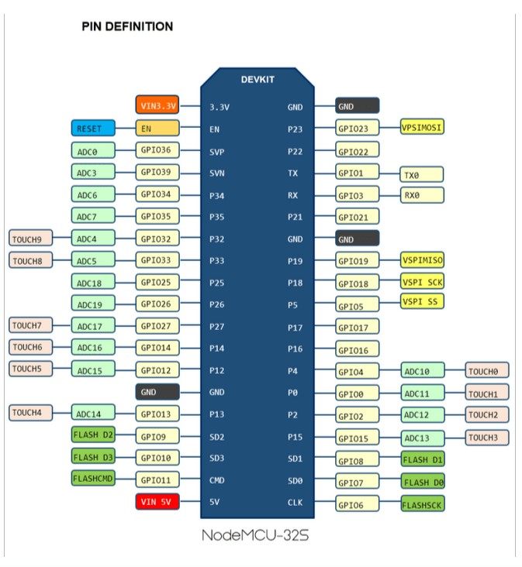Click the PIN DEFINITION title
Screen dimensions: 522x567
click(127, 26)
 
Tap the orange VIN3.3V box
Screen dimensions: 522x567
click(157, 105)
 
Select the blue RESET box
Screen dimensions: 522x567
click(93, 128)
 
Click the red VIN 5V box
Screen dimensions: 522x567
click(157, 502)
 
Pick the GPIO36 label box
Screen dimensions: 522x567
click(157, 150)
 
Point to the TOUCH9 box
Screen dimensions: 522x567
click(31, 239)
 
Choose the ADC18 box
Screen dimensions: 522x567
click(93, 282)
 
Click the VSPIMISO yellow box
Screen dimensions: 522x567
click(422, 260)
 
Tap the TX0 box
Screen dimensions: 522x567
click(422, 174)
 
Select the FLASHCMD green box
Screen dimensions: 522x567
click(93, 478)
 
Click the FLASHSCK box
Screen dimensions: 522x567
click(423, 503)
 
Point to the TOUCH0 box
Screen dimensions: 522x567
click(487, 370)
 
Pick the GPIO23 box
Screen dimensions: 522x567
click(358, 128)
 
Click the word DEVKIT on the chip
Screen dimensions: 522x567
click(258, 80)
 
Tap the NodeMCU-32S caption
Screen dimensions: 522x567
click(255, 535)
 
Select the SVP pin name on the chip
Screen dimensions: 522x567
click(217, 152)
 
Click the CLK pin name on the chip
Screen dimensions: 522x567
click(295, 502)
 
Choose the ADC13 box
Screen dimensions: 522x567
click(423, 438)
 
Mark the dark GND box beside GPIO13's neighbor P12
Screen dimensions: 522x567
click(157, 392)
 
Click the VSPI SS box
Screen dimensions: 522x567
click(422, 301)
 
